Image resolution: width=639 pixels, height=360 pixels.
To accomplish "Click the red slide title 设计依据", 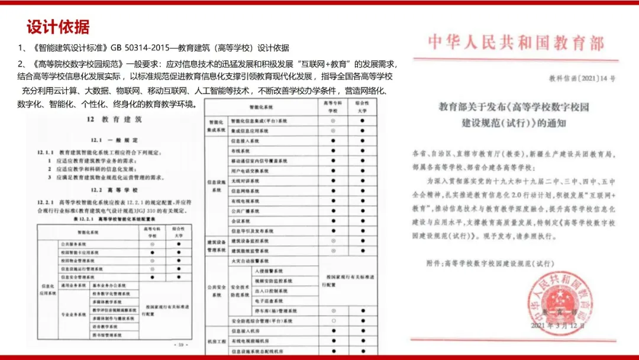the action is [58, 27].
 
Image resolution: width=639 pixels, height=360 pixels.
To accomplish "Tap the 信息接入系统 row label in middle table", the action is [244, 141].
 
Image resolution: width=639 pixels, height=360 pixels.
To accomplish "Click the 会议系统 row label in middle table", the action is [240, 220].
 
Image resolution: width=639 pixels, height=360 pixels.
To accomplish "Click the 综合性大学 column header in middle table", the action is [362, 107].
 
